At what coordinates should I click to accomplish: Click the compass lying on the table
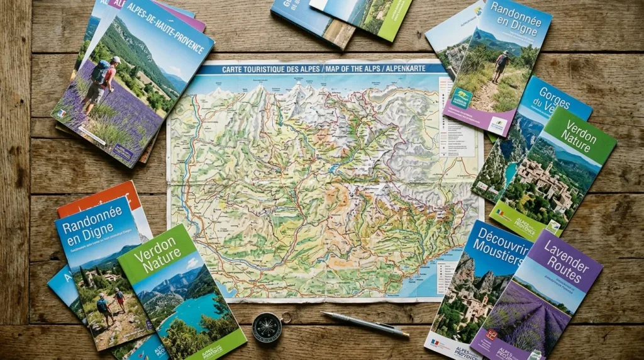click(x=267, y=327)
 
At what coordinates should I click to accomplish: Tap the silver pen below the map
click(x=365, y=324)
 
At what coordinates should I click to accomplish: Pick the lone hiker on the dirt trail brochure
click(x=502, y=65)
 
